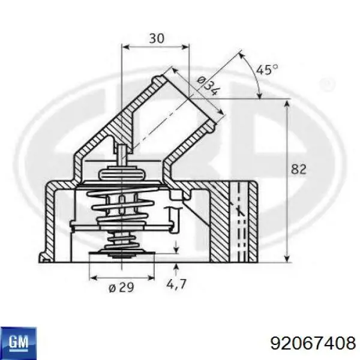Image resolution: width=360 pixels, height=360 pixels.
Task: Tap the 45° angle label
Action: pos(267,70)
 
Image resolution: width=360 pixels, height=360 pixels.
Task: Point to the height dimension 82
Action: pos(299,170)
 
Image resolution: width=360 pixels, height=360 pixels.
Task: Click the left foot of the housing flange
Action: pos(46,258)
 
